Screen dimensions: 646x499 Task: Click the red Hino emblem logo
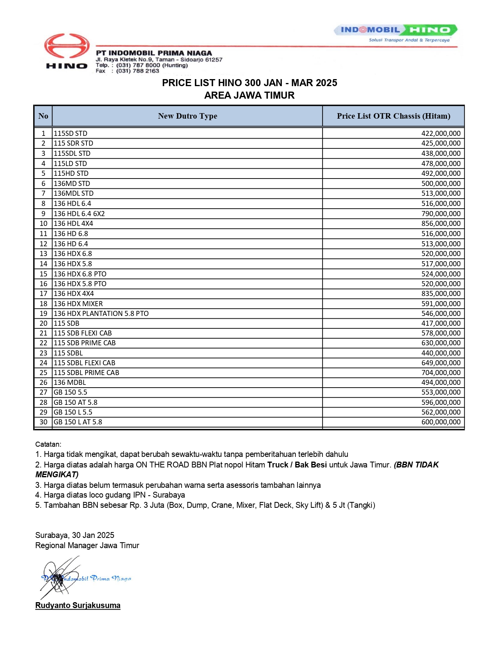(x=67, y=46)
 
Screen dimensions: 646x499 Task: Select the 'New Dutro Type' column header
(x=187, y=116)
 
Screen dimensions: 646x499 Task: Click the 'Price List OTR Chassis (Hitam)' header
(x=393, y=116)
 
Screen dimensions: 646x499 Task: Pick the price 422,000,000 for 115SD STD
(x=441, y=134)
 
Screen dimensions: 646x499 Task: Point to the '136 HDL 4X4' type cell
(x=73, y=224)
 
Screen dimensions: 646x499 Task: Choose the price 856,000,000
(x=441, y=224)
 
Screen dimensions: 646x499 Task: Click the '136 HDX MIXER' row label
(x=78, y=304)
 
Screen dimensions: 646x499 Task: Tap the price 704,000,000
(x=441, y=373)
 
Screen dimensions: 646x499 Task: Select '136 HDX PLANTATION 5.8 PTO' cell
(x=101, y=314)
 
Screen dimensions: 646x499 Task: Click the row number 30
(x=43, y=422)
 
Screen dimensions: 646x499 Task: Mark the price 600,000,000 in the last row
(x=441, y=422)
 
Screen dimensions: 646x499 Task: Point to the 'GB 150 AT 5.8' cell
(x=76, y=402)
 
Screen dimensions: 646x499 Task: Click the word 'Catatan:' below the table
(x=48, y=444)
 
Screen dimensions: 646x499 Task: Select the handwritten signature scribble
(x=59, y=577)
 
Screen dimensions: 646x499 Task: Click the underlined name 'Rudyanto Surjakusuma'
(x=78, y=605)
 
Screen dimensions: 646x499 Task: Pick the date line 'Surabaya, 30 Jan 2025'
(x=75, y=535)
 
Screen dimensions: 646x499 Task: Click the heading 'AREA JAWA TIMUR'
(x=249, y=95)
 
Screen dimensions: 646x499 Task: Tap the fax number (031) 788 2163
(x=137, y=71)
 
